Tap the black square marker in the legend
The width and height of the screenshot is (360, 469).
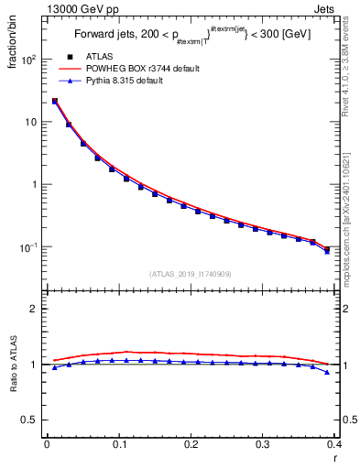(x=70, y=57)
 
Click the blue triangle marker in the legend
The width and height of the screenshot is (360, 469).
(x=70, y=81)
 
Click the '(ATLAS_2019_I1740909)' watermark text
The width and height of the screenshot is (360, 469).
(x=191, y=274)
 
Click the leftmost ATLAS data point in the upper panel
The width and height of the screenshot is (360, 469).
(x=55, y=102)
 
